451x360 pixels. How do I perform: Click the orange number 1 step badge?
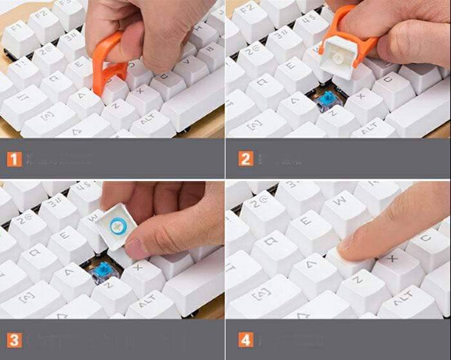click(14, 158)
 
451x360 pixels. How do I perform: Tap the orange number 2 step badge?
click(245, 158)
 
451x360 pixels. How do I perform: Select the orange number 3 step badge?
click(14, 339)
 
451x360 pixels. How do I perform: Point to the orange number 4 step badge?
click(245, 339)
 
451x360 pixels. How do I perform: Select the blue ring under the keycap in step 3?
click(118, 226)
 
